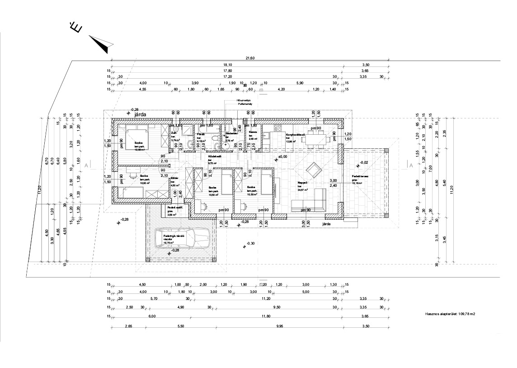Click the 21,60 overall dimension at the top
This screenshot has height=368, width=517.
250,58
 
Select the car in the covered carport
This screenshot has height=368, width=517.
181,238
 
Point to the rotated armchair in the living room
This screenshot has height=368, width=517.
314,170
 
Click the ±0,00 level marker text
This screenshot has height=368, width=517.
283,157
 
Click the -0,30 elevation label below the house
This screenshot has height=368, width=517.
251,243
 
